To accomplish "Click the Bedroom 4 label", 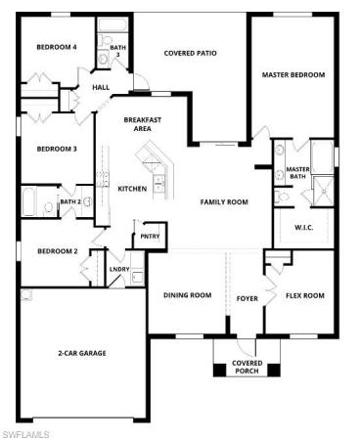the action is (x=57, y=47).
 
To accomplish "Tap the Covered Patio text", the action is (x=190, y=53).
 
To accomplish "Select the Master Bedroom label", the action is (x=293, y=74).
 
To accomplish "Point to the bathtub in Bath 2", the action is (x=28, y=200).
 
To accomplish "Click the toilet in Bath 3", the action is (x=105, y=40).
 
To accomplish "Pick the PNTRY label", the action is (x=150, y=237).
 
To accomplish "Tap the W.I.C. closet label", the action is (x=304, y=228).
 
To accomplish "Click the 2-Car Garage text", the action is (x=82, y=353).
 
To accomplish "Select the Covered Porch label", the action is (x=247, y=367).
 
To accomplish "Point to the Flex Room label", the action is (x=305, y=295).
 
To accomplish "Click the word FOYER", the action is (x=247, y=298).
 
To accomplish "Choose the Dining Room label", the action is (x=187, y=295).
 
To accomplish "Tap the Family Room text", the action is (x=224, y=202).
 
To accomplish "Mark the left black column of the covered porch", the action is (x=220, y=370).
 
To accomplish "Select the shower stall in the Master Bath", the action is (x=323, y=192).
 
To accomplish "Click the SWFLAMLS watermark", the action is (x=25, y=434).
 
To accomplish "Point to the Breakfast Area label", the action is (x=143, y=124).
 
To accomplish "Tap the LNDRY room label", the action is (x=119, y=269).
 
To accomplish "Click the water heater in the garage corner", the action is (x=26, y=294).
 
